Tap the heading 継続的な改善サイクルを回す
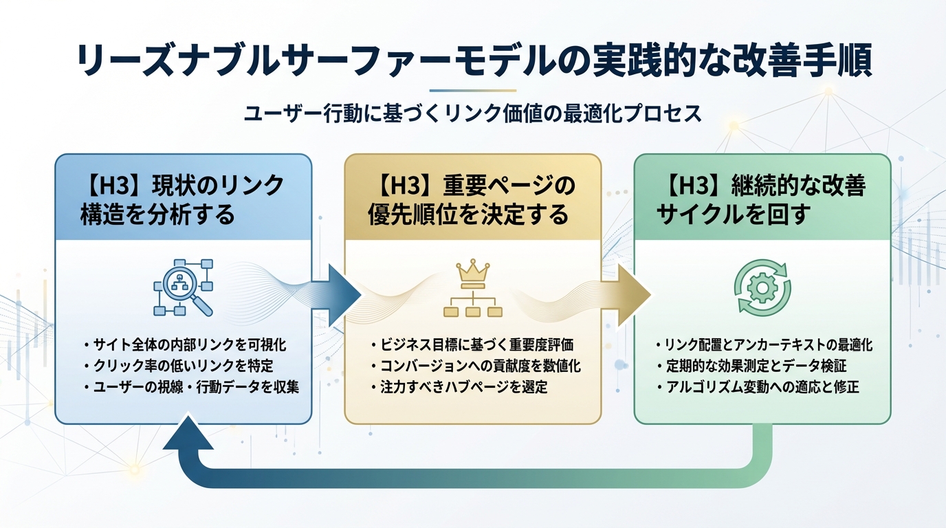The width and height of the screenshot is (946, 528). pos(762,200)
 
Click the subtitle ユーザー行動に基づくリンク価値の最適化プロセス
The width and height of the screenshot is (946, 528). pos(473,113)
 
